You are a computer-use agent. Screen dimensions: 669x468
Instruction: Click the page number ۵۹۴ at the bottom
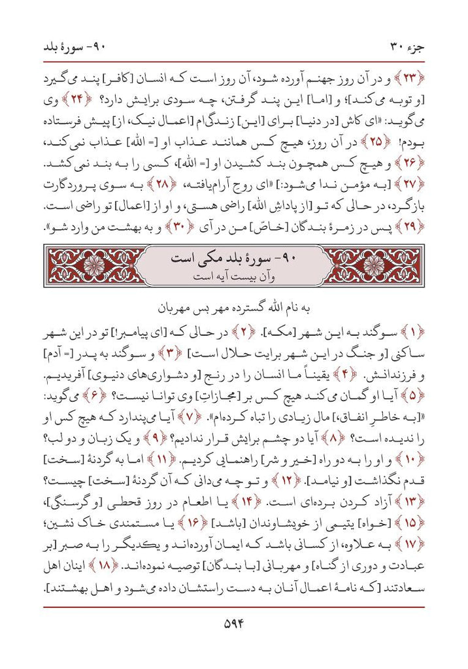point(233,623)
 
